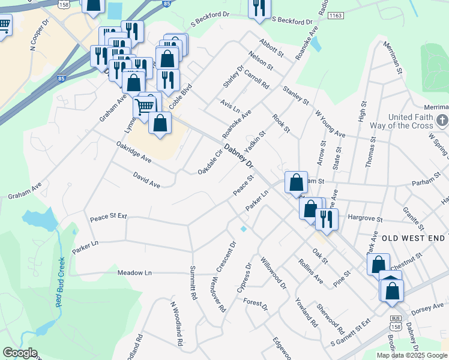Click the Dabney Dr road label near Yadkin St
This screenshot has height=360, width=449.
tap(240, 157)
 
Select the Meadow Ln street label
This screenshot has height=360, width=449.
tap(134, 272)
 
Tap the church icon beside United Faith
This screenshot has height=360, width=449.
tap(442, 120)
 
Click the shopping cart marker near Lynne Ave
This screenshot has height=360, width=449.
tap(144, 107)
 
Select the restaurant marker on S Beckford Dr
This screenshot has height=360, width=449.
tap(259, 8)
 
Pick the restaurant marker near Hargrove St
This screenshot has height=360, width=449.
tap(327, 218)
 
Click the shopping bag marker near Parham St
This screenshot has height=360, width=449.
tap(296, 182)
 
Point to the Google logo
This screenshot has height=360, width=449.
tap(19, 353)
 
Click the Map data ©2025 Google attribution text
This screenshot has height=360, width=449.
tap(411, 355)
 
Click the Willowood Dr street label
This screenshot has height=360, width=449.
tap(274, 273)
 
